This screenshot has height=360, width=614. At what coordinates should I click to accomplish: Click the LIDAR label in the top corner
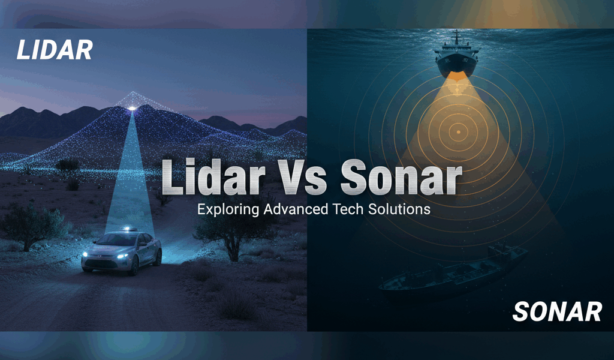point(55,50)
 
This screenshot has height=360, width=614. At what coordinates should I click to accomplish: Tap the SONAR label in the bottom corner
point(558,311)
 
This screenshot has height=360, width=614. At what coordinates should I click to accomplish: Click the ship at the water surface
point(457,57)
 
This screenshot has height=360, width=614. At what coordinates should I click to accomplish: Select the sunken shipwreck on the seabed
point(453,273)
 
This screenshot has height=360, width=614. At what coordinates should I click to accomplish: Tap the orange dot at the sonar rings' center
point(458,131)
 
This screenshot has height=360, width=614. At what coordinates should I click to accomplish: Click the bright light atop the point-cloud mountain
point(131,108)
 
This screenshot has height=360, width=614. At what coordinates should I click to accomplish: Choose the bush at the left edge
point(30,225)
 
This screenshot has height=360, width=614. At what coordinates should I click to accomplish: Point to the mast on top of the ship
point(457,36)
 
